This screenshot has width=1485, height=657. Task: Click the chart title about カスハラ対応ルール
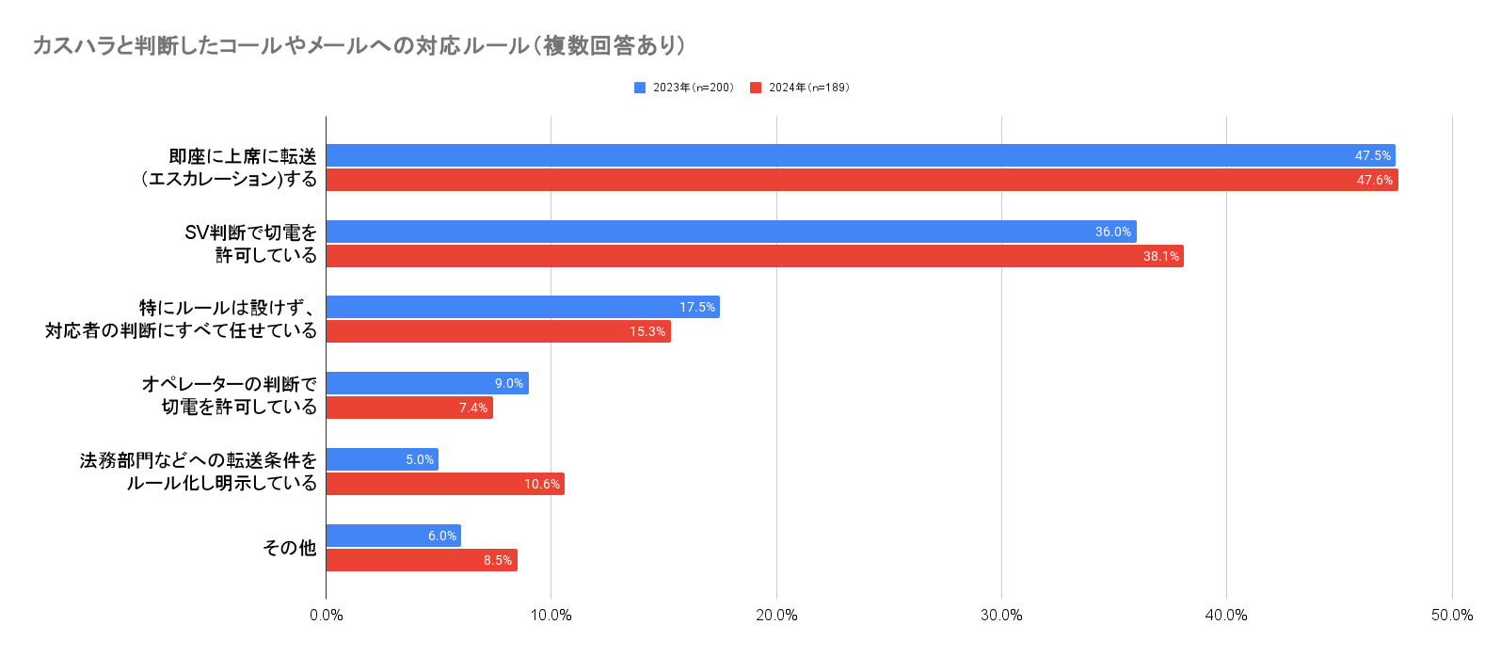click(x=359, y=45)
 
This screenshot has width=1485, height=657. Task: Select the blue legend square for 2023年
click(x=640, y=88)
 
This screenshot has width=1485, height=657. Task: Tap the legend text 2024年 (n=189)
click(x=808, y=88)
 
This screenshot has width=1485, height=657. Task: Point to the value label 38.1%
click(x=1160, y=256)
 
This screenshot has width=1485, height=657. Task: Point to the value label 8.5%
click(x=498, y=560)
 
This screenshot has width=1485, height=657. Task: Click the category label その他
click(x=289, y=548)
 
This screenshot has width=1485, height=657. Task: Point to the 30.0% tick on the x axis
click(x=1001, y=615)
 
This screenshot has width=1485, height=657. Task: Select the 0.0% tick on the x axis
click(x=326, y=615)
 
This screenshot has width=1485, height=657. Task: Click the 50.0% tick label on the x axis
click(x=1451, y=615)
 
